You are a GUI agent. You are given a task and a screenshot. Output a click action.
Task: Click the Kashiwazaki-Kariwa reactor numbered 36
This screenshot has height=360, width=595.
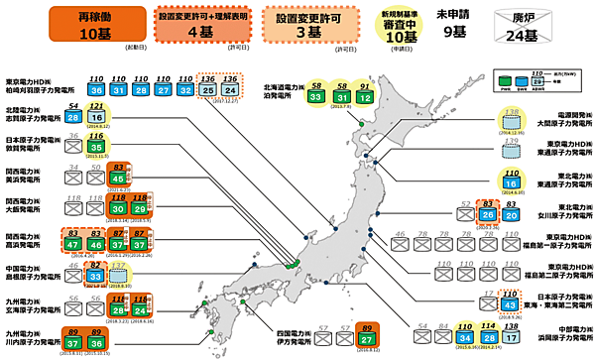tap(96, 90)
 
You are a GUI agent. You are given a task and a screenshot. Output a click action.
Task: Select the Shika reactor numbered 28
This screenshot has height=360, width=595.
tap(74, 119)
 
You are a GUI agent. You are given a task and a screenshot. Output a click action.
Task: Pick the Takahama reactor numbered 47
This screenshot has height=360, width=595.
tap(74, 244)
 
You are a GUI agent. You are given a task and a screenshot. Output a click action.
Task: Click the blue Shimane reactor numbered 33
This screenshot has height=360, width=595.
tap(96, 277)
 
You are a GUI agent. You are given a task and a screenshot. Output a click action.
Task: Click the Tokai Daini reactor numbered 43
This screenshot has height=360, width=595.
tap(510, 306)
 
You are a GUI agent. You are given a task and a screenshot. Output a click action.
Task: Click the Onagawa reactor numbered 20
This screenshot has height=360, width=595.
tap(510, 212)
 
